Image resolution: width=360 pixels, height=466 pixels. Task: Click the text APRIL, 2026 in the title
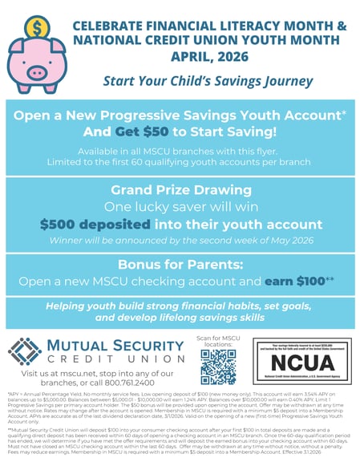[x=212, y=56]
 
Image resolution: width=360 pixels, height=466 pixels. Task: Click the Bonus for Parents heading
[x=180, y=264]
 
